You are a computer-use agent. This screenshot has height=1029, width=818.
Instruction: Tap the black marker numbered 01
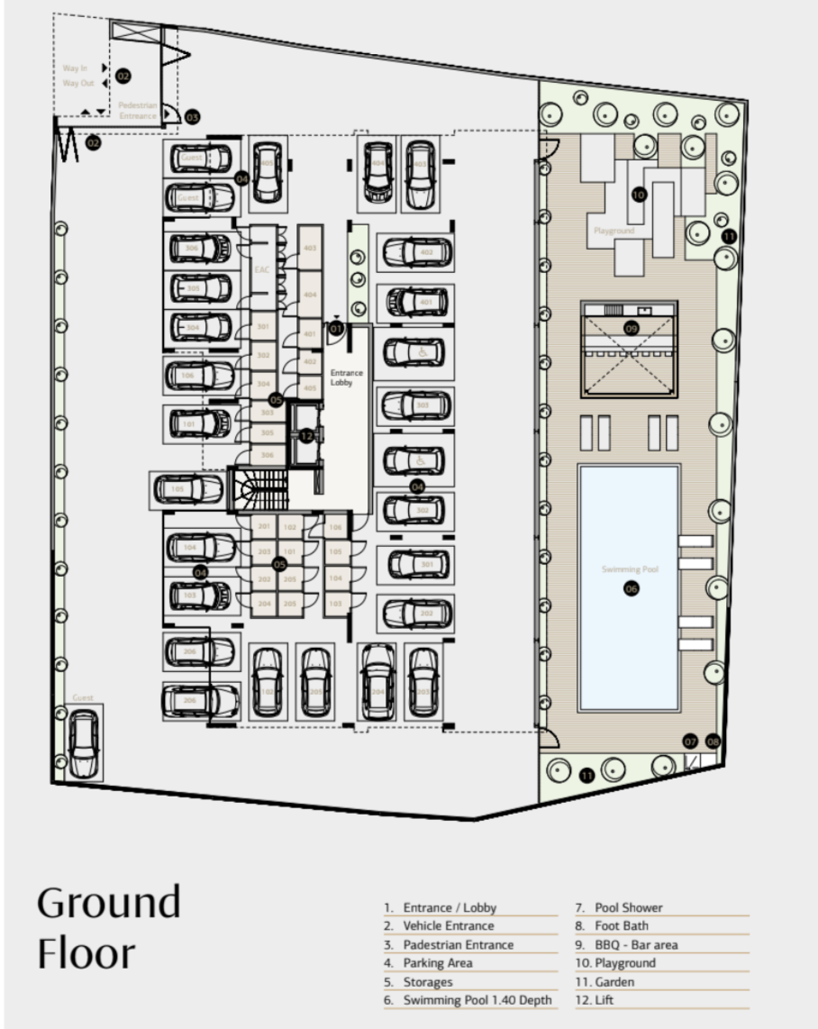[x=336, y=329]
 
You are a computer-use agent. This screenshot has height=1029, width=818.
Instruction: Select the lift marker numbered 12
[x=306, y=436]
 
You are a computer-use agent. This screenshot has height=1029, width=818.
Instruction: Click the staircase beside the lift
[x=257, y=490]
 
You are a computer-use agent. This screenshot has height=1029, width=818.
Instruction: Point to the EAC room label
[x=262, y=269]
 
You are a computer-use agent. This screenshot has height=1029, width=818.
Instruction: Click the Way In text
[x=76, y=68]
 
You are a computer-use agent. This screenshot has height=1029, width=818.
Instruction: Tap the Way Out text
[x=77, y=83]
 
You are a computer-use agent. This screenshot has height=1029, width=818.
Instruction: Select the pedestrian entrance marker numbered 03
[x=192, y=117]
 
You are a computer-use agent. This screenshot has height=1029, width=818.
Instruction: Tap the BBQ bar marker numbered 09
[x=631, y=329]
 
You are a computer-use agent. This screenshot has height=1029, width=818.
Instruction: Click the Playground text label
[x=613, y=231]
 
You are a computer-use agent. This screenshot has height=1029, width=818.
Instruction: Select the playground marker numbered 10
[x=639, y=194]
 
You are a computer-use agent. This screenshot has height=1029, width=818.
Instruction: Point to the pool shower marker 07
[x=690, y=742]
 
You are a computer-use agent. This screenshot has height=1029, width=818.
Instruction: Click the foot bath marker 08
[x=713, y=742]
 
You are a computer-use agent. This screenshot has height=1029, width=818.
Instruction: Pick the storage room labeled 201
[x=264, y=526]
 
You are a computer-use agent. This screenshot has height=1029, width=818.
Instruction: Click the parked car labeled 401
[x=417, y=302]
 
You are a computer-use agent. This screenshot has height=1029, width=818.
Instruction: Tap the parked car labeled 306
[x=199, y=248]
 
